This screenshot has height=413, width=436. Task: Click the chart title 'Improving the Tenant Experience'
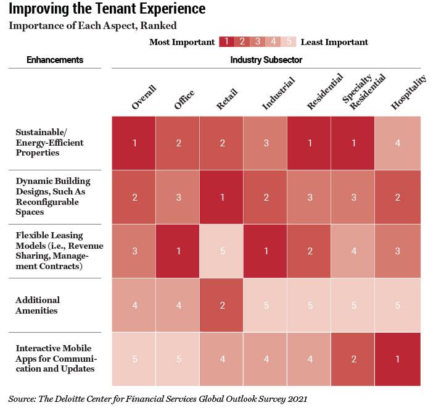pos(107,10)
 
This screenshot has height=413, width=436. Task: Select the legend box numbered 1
pos(226,42)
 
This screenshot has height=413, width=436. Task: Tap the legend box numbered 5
pos(288,42)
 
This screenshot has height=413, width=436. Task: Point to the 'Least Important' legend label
pos(334,42)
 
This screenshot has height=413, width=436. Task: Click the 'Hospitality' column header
pos(408,94)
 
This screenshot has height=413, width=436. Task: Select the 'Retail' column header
pos(226,99)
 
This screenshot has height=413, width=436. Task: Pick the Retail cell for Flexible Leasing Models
pos(221,251)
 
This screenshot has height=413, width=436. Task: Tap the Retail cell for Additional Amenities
pos(221,305)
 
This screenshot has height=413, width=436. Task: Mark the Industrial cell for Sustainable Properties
pos(266,143)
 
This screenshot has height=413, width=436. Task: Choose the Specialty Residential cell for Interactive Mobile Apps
pos(354,359)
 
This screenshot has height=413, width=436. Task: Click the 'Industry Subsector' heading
pos(266,60)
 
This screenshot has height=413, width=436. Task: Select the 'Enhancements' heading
pos(55,60)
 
